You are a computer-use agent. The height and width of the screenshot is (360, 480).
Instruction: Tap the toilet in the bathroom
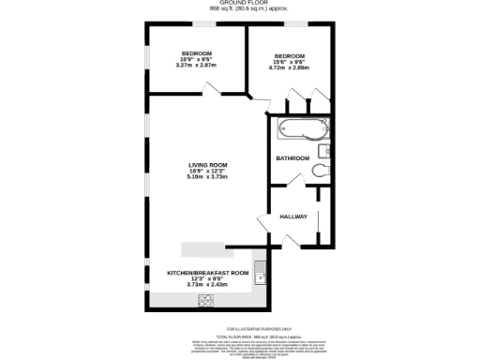322,170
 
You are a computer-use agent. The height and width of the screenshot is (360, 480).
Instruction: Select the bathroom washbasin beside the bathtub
322,146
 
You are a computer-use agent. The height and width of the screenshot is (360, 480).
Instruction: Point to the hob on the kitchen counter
204,301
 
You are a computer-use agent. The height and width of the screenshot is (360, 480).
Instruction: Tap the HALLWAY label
293,217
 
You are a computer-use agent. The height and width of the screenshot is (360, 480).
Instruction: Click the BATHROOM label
292,158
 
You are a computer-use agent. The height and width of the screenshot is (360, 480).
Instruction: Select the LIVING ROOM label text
207,166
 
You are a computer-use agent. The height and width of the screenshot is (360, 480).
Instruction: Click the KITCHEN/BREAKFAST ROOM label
208,272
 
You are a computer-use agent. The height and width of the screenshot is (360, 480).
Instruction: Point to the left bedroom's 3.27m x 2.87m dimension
196,67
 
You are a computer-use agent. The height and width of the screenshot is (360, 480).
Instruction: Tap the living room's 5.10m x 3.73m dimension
207,177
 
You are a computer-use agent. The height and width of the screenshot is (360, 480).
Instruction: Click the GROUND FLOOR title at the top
240,4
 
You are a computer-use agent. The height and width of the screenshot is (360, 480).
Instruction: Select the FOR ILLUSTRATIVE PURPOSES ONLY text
240,329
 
